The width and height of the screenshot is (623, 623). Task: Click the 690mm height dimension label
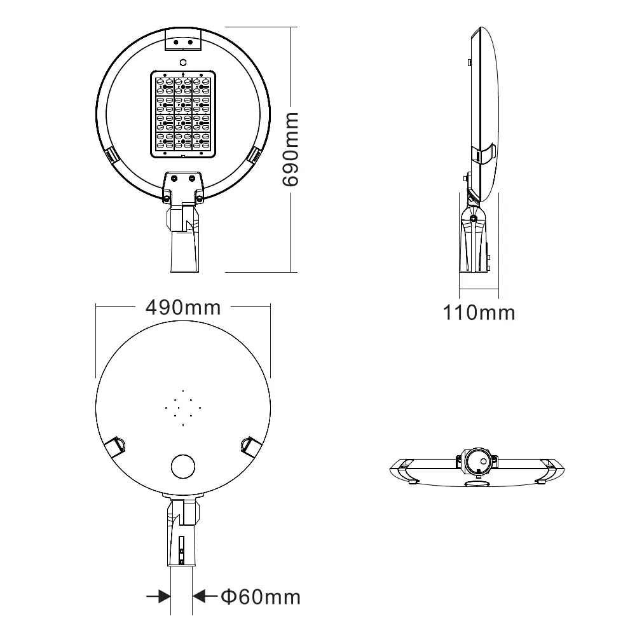pyautogui.click(x=291, y=149)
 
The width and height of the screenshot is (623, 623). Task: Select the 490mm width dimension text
pyautogui.click(x=183, y=307)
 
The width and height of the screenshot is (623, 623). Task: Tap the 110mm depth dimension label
pyautogui.click(x=479, y=312)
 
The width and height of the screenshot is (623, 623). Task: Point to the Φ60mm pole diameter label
pyautogui.click(x=260, y=597)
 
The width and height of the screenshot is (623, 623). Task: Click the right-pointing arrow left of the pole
pyautogui.click(x=159, y=596)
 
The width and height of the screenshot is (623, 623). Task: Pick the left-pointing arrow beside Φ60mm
pyautogui.click(x=205, y=596)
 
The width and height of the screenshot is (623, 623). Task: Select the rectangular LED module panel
pyautogui.click(x=183, y=114)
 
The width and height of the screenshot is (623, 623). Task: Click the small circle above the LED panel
pyautogui.click(x=183, y=62)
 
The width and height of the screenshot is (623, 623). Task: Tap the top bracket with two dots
pyautogui.click(x=183, y=40)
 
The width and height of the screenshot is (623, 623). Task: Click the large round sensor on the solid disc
pyautogui.click(x=183, y=466)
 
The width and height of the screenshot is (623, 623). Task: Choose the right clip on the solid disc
pyautogui.click(x=250, y=446)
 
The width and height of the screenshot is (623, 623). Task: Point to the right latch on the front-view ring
pyautogui.click(x=256, y=154)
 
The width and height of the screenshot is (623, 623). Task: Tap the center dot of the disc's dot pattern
pyautogui.click(x=183, y=407)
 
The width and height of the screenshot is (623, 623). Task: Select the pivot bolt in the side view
pyautogui.click(x=474, y=219)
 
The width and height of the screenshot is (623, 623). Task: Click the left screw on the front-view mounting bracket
pyautogui.click(x=167, y=198)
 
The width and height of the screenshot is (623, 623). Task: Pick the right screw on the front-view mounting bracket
pyautogui.click(x=199, y=198)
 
